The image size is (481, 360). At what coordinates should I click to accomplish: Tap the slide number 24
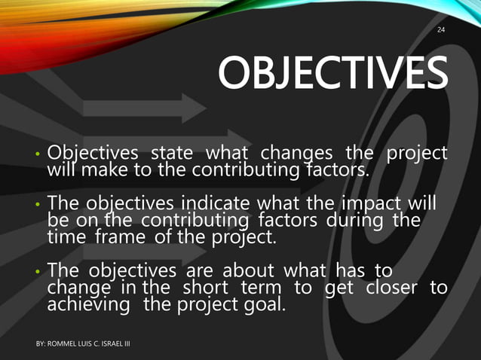pyautogui.click(x=442, y=30)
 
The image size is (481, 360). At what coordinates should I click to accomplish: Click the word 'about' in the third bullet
pyautogui.click(x=239, y=272)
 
